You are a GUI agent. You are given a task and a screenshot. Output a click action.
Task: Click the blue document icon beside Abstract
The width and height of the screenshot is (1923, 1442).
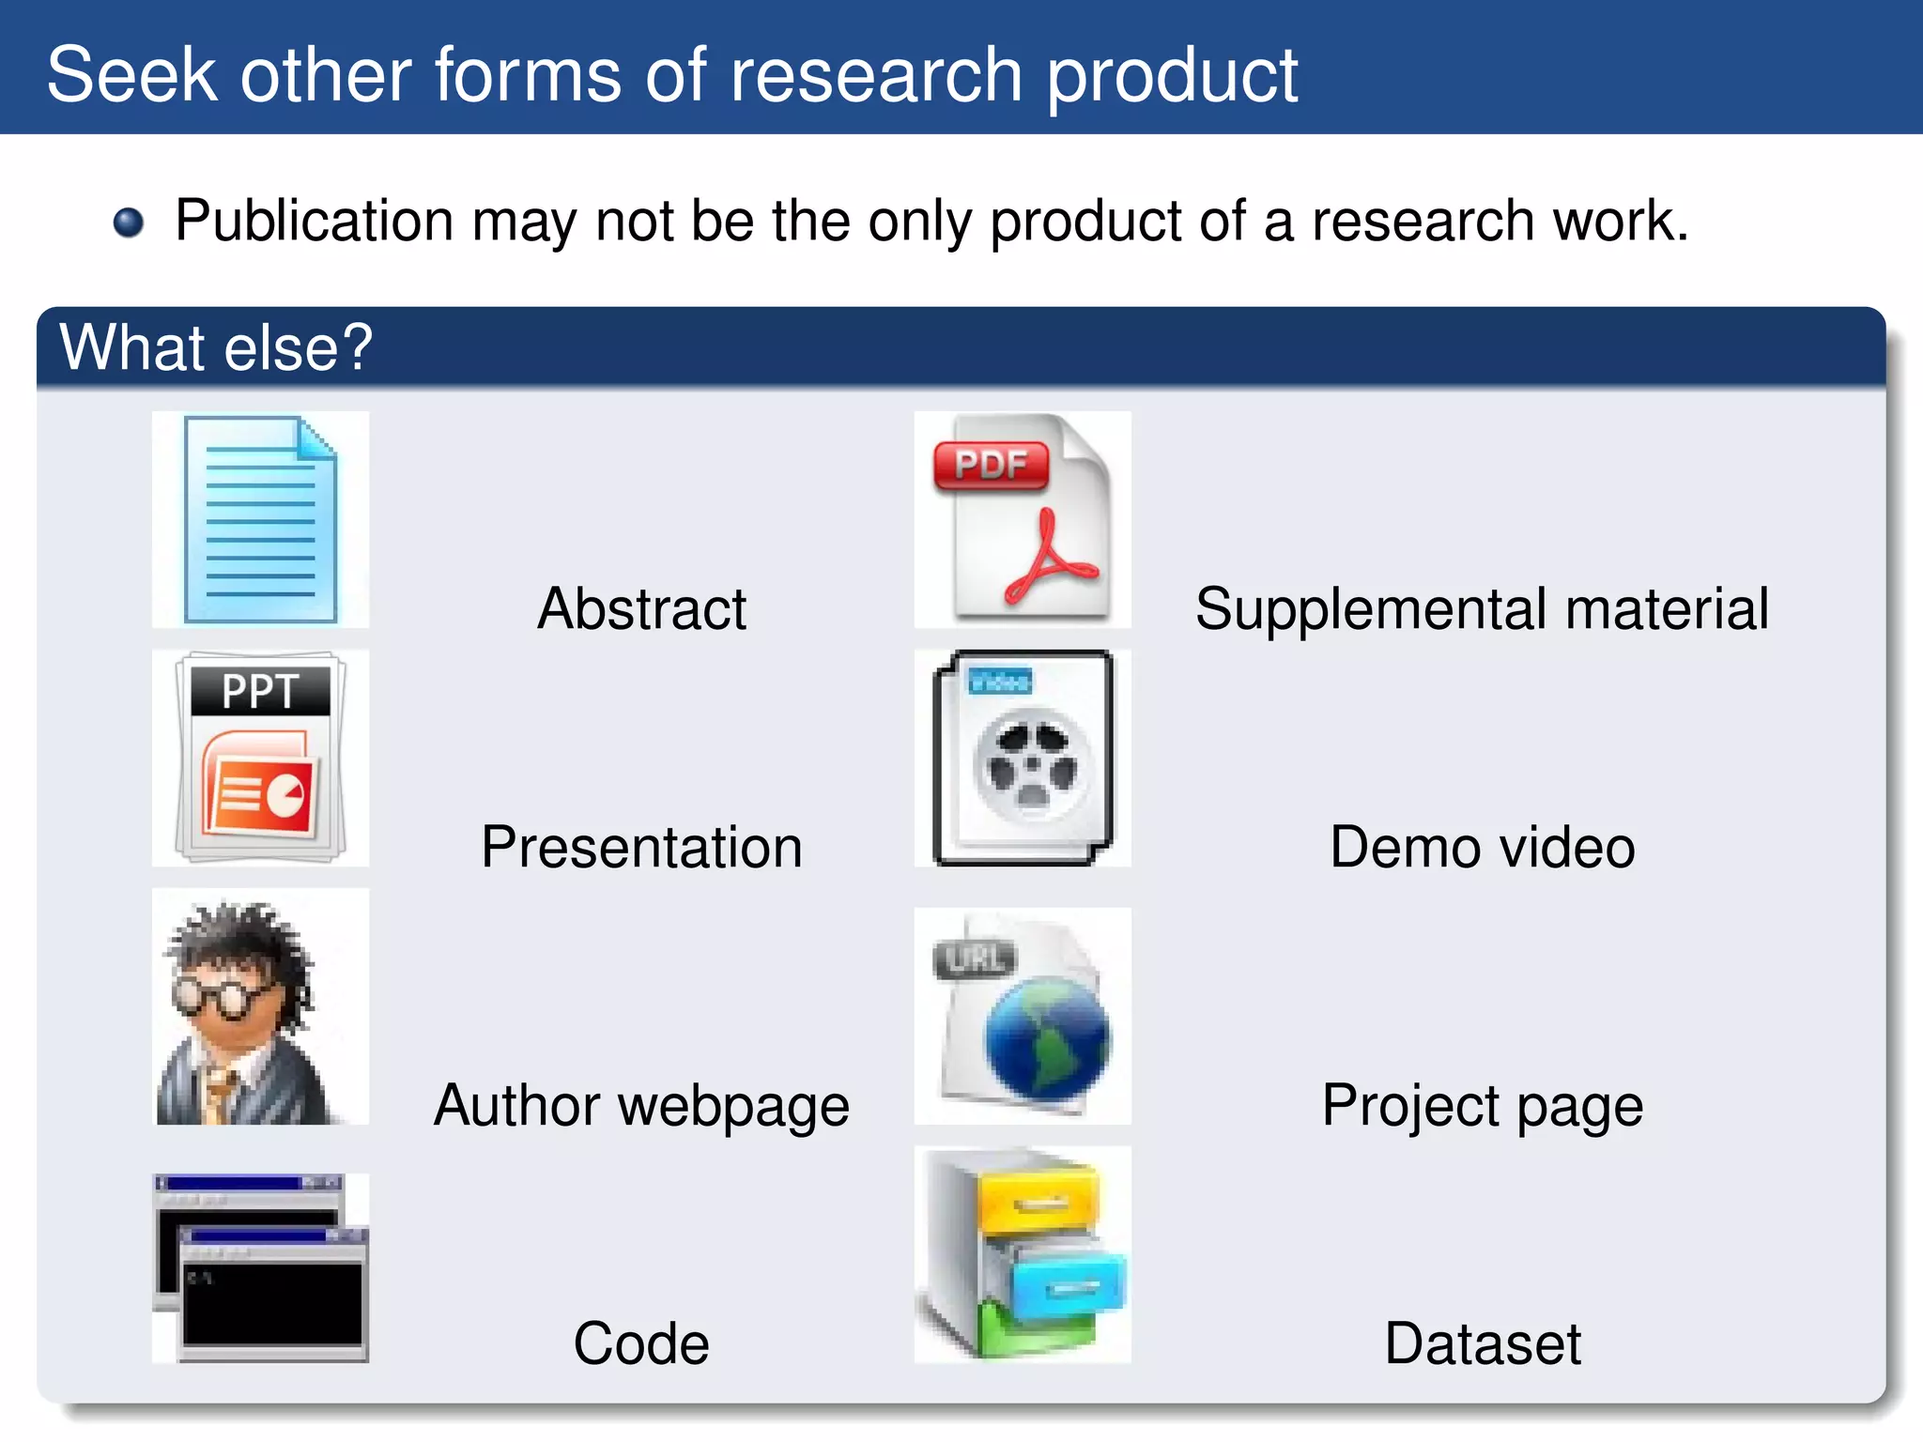pos(260,519)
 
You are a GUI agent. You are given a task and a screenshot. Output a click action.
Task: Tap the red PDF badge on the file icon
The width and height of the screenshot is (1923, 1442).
pos(991,465)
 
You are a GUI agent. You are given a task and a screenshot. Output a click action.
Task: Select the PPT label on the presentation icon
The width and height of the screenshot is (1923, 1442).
pos(260,691)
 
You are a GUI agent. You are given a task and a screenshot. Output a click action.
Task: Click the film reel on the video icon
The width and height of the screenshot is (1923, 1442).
pos(1033,765)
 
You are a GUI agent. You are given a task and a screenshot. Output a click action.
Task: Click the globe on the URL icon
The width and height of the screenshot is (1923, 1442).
pos(1047,1037)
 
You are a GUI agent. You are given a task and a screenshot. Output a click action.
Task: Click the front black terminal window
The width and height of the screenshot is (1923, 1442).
pos(272,1303)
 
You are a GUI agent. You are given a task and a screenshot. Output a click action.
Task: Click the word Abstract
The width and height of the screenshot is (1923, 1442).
pos(641,608)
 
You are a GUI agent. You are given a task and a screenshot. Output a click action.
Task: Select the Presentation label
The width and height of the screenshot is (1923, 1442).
pos(641,847)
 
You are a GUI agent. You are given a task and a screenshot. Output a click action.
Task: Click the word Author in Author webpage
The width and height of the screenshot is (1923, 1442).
pos(516,1105)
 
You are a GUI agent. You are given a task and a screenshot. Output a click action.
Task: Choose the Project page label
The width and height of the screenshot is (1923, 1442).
pos(1482,1105)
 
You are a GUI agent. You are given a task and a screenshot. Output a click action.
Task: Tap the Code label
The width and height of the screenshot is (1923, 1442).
pos(641,1342)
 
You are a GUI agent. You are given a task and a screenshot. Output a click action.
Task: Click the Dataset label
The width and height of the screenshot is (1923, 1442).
pos(1482,1342)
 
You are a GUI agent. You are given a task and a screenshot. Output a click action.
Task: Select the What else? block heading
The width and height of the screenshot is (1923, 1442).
pos(216,347)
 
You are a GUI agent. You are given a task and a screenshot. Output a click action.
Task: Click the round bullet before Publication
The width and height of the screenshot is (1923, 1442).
pos(129,222)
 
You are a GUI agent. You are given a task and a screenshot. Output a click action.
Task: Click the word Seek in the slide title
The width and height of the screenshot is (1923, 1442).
pos(131,75)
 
